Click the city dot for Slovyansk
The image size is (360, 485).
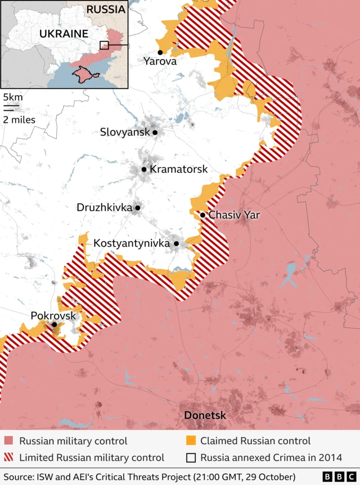(155, 133)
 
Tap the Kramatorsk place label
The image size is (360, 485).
(179, 169)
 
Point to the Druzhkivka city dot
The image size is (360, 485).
(138, 207)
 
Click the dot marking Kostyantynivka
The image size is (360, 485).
(176, 243)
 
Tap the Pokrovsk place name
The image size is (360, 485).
(53, 316)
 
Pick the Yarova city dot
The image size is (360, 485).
(160, 52)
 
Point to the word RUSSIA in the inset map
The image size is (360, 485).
(106, 10)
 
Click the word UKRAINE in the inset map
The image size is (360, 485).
(64, 34)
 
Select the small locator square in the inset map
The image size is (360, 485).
(104, 46)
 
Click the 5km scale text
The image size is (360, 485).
(12, 95)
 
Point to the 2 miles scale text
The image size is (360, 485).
(19, 119)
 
